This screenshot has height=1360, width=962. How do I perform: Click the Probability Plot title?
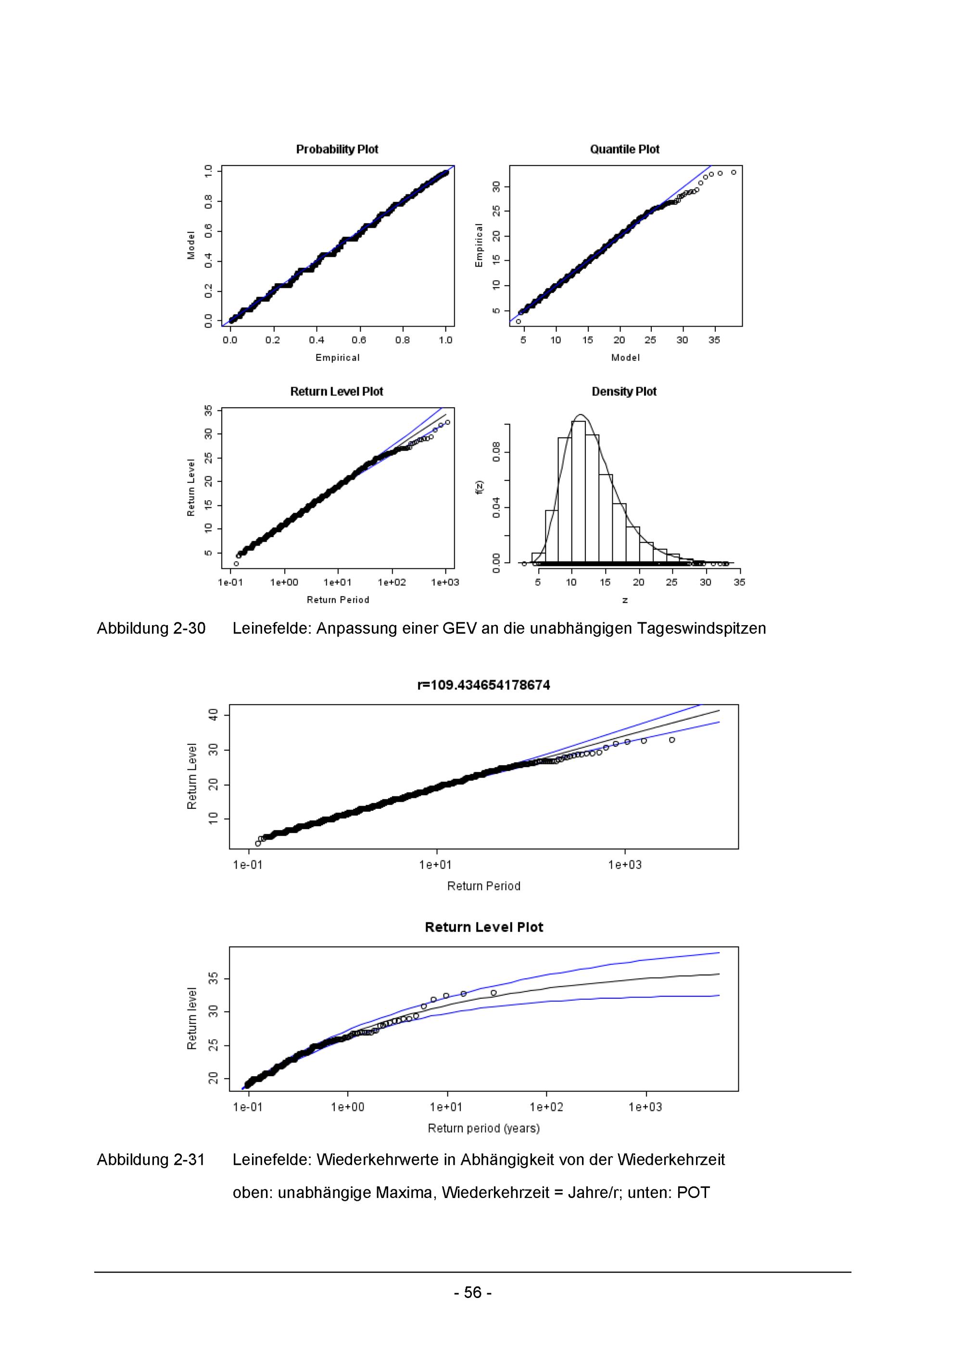click(x=337, y=149)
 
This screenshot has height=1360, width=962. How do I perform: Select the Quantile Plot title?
click(x=624, y=149)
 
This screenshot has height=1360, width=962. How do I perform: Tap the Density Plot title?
click(x=624, y=391)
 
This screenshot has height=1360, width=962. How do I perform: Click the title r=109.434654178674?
click(x=483, y=685)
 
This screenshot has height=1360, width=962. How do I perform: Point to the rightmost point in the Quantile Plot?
click(x=734, y=172)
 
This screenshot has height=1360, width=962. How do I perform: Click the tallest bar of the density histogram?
click(x=578, y=491)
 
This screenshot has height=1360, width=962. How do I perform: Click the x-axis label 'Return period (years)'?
click(x=483, y=1128)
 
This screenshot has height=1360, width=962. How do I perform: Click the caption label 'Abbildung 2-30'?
click(x=151, y=628)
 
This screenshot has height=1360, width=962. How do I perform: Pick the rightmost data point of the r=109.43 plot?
click(x=672, y=740)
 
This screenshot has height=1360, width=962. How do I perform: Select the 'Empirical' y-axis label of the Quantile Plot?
click(x=479, y=245)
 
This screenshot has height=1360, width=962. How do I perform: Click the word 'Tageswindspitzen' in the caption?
click(x=701, y=628)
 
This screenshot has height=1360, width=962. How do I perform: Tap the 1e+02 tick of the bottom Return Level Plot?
click(x=546, y=1107)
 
